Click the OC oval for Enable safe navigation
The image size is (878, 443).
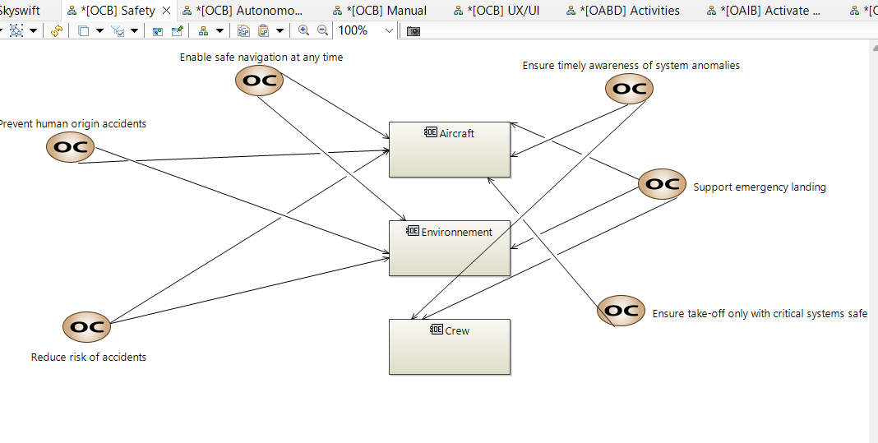tap(259, 81)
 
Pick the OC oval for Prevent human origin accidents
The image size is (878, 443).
tap(70, 147)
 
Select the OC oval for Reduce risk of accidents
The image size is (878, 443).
tap(86, 326)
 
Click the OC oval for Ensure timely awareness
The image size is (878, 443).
tap(629, 89)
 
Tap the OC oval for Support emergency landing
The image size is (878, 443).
tap(662, 184)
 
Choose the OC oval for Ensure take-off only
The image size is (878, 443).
tap(621, 311)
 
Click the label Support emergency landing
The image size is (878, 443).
tap(759, 187)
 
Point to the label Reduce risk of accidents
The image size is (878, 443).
tap(89, 358)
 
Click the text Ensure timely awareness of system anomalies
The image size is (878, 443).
tap(631, 66)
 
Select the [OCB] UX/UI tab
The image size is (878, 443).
tap(502, 11)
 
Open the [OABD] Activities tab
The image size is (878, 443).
tap(629, 11)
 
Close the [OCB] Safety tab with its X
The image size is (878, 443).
tap(167, 11)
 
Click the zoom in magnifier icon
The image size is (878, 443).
tap(304, 30)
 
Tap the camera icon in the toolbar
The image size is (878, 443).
tap(414, 30)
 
